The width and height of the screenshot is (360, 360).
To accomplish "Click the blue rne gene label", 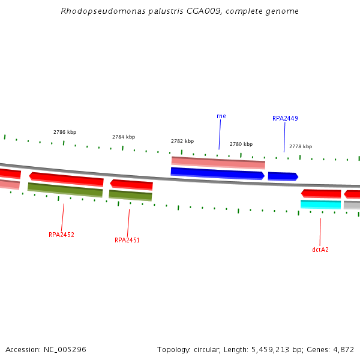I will click(x=221, y=116).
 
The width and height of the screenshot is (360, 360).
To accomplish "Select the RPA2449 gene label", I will click(x=285, y=119).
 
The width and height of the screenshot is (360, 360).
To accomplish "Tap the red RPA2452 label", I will click(x=61, y=235).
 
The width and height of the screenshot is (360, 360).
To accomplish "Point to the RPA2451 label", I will click(x=127, y=240).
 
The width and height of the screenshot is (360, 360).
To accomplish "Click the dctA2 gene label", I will click(x=320, y=250).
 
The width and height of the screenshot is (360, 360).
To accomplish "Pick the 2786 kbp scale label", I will click(x=65, y=132).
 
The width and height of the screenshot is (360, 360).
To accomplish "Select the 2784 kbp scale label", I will click(x=124, y=137).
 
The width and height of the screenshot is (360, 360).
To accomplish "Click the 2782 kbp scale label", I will click(x=182, y=141).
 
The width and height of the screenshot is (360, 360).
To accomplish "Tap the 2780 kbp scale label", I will click(x=241, y=144).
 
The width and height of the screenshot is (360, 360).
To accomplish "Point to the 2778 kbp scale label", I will click(x=301, y=146).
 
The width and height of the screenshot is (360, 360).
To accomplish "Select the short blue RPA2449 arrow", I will click(x=283, y=176).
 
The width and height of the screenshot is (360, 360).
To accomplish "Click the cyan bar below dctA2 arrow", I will click(x=320, y=205).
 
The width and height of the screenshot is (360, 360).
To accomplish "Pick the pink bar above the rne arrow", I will click(x=218, y=162).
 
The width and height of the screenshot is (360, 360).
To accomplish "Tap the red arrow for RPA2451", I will click(x=131, y=185).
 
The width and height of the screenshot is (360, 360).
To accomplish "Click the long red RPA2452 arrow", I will click(x=66, y=179).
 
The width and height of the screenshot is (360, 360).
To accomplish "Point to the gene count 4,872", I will click(x=343, y=349).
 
